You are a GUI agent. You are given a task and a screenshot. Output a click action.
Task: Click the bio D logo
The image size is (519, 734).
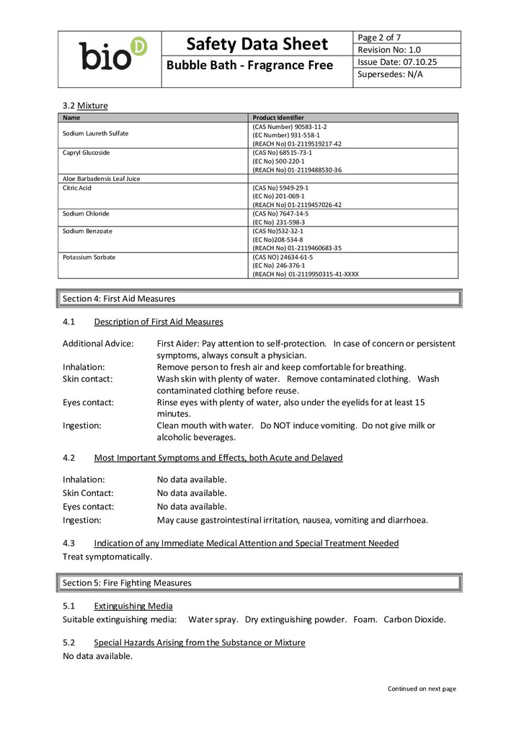112,54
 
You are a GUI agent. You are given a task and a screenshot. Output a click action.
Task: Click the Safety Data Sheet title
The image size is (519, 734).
257,45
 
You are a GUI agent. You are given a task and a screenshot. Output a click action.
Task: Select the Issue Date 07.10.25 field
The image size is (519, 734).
397,62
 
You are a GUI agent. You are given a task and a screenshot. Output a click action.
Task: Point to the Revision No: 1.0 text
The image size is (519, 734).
389,50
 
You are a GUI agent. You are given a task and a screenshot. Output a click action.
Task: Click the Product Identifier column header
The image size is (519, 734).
278,118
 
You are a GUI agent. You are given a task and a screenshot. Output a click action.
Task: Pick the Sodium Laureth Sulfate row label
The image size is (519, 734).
96,133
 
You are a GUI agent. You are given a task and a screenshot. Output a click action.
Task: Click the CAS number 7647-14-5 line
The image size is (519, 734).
280,213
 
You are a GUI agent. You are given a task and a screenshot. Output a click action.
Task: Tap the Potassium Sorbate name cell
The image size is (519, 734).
89,257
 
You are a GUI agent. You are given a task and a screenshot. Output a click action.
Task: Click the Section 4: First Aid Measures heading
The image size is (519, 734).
119,299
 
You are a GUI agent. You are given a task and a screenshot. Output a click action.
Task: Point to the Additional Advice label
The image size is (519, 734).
98,343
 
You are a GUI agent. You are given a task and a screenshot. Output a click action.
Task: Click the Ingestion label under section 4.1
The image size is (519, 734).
82,425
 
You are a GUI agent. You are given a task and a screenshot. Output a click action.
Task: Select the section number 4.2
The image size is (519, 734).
69,458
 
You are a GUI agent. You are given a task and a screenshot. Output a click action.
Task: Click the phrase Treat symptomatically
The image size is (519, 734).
107,557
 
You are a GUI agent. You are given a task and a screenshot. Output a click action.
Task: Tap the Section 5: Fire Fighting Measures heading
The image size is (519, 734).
127,583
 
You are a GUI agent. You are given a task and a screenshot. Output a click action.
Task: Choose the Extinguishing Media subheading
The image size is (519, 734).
133,606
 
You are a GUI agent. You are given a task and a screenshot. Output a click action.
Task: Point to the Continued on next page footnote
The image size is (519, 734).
422,689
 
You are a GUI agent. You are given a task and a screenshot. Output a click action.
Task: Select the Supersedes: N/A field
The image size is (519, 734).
391,75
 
